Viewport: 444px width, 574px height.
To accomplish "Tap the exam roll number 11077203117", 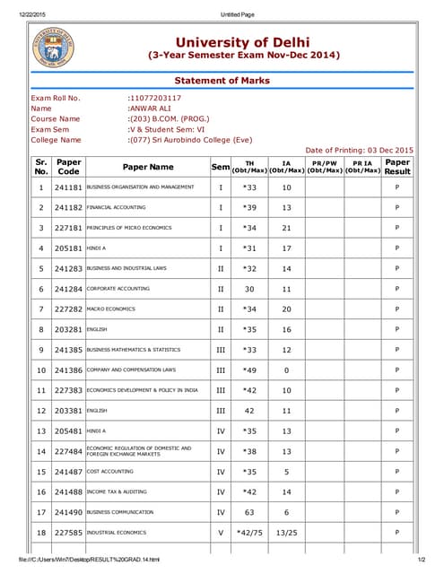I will coord(155,98).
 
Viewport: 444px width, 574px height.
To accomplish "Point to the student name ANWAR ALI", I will coord(149,108).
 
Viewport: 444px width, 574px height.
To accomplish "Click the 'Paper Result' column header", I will coord(397,167).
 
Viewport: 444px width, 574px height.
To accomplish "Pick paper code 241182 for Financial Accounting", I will coord(68,207).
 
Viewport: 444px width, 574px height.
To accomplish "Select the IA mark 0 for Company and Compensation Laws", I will coord(286,370).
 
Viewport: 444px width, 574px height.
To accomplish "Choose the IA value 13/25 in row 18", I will coord(286,533).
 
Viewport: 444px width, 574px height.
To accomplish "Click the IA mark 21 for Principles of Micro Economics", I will coord(286,228).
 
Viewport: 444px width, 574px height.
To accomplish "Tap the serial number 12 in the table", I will coord(41,411).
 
